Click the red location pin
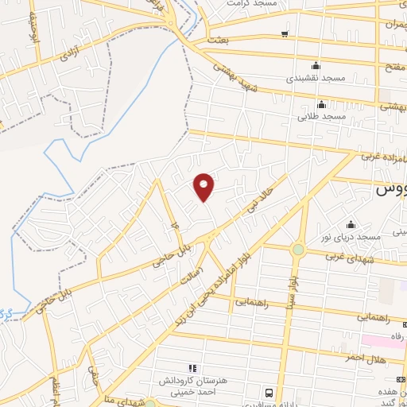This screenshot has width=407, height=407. coord(204,186)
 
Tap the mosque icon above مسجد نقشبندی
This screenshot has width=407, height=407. coord(316,65)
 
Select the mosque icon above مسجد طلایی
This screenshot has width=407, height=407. coord(321,104)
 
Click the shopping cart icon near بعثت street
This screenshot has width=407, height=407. coord(285,33)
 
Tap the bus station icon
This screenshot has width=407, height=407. coord(269,393)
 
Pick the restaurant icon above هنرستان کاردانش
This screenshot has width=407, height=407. coord(191,368)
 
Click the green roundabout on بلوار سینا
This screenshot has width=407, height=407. coord(298,249)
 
